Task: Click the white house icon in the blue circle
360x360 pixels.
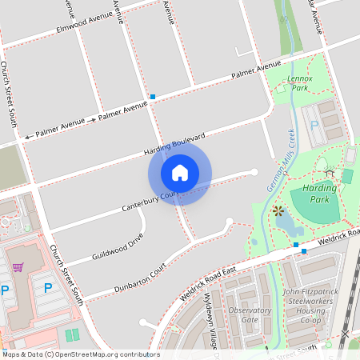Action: [x=180, y=172]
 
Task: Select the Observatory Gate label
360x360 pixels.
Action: [x=249, y=314]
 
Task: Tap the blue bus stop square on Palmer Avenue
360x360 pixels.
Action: [x=152, y=97]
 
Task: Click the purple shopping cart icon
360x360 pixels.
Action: [x=29, y=267]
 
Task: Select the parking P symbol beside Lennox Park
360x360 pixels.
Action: [x=314, y=126]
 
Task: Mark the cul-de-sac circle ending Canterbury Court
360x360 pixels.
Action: [x=254, y=170]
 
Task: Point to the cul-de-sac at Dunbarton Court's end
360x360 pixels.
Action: [x=230, y=222]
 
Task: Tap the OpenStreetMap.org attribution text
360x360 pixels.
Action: [x=80, y=354]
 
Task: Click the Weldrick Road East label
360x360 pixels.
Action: [x=208, y=282]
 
